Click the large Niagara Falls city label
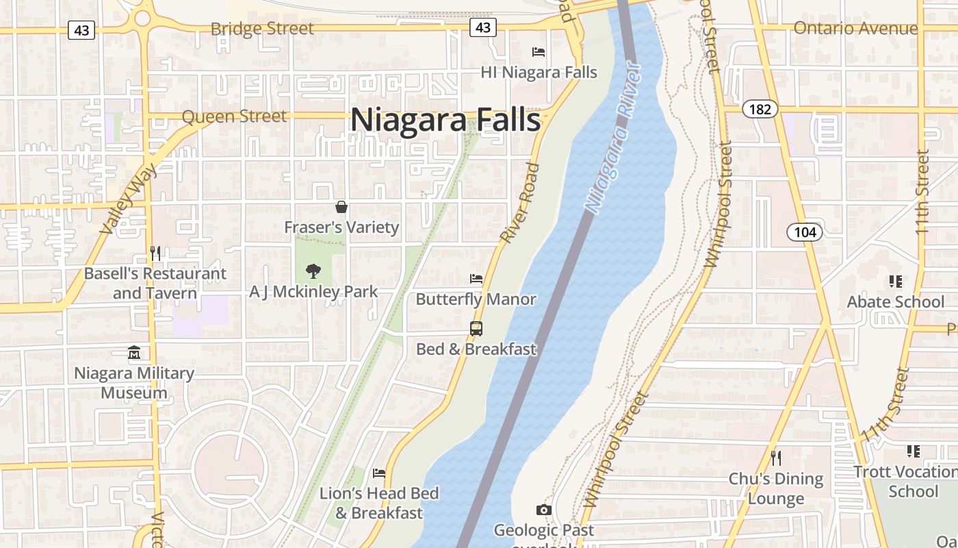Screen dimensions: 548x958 pos(445,120)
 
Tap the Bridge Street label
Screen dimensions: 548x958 pos(262,29)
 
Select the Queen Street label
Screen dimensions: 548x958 pos(234,116)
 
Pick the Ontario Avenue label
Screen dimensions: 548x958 pos(855,28)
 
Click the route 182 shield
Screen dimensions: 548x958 pos(760,109)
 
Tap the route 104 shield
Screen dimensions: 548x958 pos(805,232)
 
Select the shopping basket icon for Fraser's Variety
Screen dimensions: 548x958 pos(341,207)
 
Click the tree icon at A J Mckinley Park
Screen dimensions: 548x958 pos(313,271)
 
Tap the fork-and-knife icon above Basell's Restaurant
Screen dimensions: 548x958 pos(155,253)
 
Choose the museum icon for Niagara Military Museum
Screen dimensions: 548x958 pos(134,353)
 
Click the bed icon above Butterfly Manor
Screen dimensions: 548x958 pos(476,279)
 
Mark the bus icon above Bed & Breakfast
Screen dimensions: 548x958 pos(476,329)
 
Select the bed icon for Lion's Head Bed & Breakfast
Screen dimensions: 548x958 pos(379,473)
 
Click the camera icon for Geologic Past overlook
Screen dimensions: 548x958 pos(544,510)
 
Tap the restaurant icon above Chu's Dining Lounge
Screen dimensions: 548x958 pos(775,458)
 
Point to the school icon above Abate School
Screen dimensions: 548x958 pos(895,281)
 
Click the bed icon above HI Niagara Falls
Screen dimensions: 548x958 pos(539,51)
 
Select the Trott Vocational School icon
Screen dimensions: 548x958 pos(913,451)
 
